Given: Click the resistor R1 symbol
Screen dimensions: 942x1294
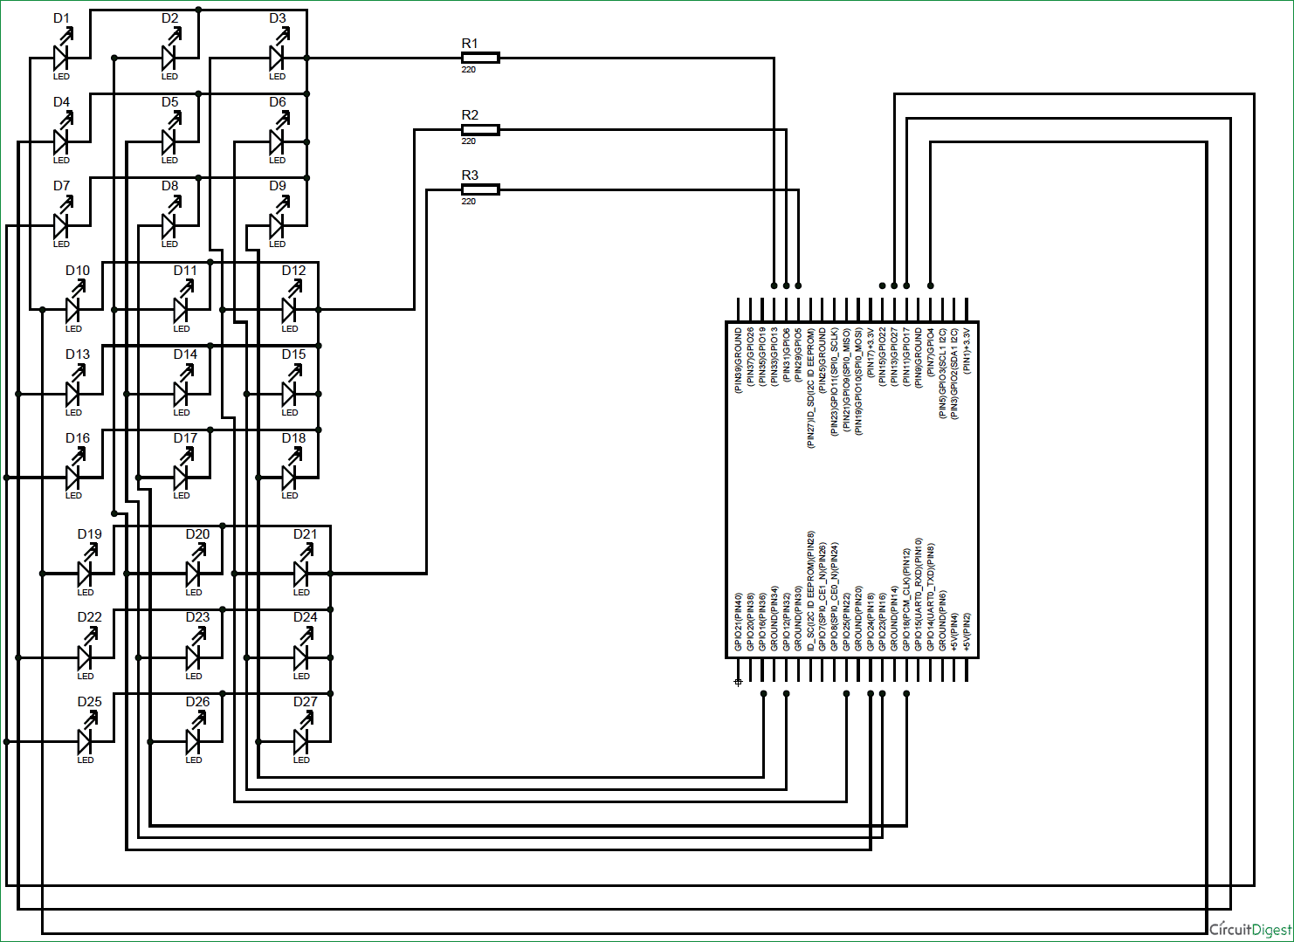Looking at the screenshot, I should [x=479, y=58].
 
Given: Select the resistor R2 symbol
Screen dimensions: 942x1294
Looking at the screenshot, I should [x=479, y=129].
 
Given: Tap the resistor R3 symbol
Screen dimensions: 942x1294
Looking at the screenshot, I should [x=479, y=189].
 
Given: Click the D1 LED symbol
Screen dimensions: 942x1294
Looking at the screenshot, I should [x=61, y=58].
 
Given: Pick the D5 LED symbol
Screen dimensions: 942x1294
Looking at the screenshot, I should [x=169, y=141].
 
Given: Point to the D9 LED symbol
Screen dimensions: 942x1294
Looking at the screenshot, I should [x=278, y=225].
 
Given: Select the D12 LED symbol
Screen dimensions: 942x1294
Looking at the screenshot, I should [x=290, y=309].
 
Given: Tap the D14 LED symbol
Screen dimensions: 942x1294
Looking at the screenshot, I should [x=182, y=394].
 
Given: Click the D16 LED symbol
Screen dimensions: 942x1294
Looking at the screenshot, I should [x=73, y=477].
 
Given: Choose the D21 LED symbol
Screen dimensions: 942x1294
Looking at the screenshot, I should [x=301, y=573].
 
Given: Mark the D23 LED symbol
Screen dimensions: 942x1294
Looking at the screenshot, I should [x=194, y=657].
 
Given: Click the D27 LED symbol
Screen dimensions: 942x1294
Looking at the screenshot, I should [x=301, y=741].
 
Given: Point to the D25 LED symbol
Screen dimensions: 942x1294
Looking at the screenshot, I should [x=86, y=741].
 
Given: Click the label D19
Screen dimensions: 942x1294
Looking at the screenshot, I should [x=89, y=534].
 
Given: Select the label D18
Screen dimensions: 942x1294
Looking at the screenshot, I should [x=293, y=438].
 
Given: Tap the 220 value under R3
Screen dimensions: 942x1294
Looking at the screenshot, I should [x=469, y=202].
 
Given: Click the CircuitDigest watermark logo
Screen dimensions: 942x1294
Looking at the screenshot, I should [x=1249, y=929].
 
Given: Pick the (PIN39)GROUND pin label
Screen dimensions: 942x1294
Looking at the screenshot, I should [x=738, y=361].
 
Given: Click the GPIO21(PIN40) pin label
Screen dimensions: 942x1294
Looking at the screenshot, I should [x=738, y=622].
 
